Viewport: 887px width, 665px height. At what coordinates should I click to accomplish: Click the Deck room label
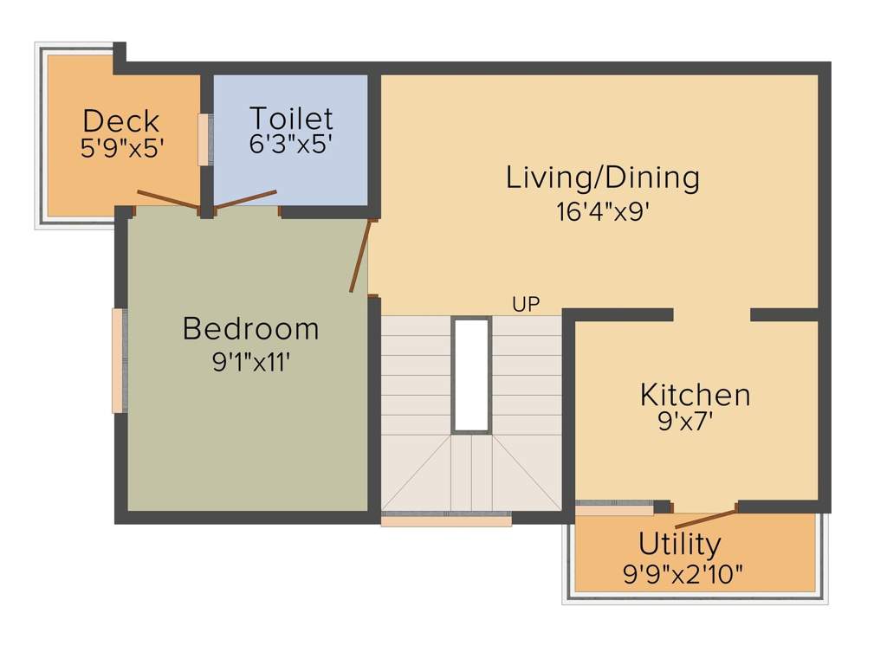[121, 120]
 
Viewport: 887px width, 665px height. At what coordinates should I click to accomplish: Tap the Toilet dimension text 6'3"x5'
[291, 144]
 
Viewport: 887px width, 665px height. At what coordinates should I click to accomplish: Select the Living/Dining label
[603, 178]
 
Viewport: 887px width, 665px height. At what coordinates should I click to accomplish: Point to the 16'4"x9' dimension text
[603, 212]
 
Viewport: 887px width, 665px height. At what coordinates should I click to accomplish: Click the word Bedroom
[251, 329]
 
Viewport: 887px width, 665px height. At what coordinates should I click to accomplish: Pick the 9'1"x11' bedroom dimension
[251, 362]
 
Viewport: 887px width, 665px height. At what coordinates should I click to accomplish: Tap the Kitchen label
[695, 395]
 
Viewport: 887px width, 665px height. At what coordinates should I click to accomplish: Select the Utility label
[679, 545]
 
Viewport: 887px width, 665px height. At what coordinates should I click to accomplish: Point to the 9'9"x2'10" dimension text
[683, 574]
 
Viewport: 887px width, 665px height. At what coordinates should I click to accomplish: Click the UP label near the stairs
[526, 305]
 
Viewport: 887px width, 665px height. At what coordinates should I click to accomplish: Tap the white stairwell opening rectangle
[471, 374]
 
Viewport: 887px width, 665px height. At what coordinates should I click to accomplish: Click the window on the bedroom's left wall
[119, 360]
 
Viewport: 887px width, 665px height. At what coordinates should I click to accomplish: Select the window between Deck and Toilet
[204, 139]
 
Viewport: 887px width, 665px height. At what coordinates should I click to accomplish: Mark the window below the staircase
[446, 520]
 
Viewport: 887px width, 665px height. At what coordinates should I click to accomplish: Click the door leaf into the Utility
[706, 519]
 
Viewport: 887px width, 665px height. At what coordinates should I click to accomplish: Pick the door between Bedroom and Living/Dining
[362, 255]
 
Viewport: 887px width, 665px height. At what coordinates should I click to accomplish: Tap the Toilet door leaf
[246, 199]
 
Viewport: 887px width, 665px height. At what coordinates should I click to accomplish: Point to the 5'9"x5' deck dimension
[121, 148]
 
